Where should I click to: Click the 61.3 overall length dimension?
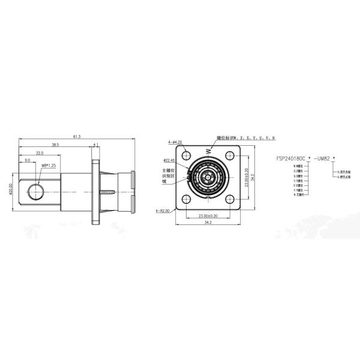pyautogui.click(x=77, y=137)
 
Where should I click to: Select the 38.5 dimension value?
pyautogui.click(x=55, y=145)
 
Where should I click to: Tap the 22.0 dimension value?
pyautogui.click(x=39, y=153)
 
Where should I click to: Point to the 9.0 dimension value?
pyautogui.click(x=28, y=161)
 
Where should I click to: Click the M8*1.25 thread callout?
pyautogui.click(x=48, y=166)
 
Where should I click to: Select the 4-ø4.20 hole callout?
pyautogui.click(x=176, y=143)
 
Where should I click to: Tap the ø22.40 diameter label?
pyautogui.click(x=169, y=160)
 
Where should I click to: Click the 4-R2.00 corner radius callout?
pyautogui.click(x=163, y=211)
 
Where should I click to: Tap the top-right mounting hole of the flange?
pyautogui.click(x=230, y=155)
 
